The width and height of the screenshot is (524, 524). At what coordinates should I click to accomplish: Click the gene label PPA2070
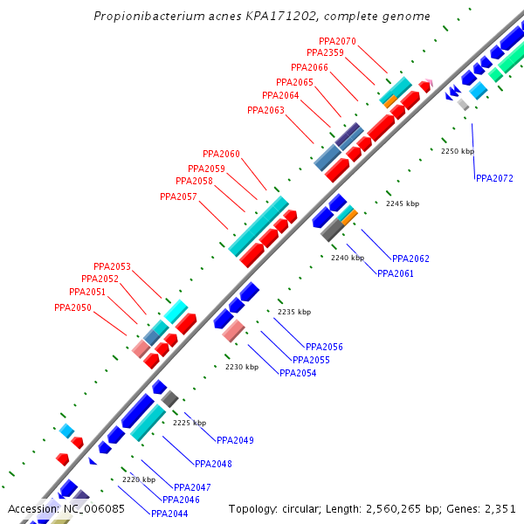click(x=337, y=41)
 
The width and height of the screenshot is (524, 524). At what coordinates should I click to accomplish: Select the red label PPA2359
click(x=325, y=53)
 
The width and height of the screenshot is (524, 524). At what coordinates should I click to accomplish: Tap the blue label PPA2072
click(x=494, y=178)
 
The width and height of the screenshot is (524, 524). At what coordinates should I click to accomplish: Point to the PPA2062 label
click(x=410, y=259)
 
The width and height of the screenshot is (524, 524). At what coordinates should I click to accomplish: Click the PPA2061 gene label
click(x=396, y=273)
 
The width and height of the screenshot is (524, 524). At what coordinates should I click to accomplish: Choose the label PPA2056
click(x=324, y=347)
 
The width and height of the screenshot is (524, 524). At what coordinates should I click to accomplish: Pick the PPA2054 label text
click(x=298, y=373)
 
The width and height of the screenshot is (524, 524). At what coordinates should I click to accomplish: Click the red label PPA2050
click(x=72, y=307)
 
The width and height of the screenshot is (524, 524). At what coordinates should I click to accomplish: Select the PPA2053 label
click(x=112, y=267)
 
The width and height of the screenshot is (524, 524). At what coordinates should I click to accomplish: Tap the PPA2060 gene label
click(x=221, y=155)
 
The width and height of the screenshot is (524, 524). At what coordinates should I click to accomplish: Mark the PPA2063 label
click(x=265, y=110)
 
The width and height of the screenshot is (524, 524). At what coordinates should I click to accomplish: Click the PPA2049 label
click(x=235, y=440)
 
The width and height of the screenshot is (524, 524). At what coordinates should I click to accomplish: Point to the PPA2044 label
click(x=169, y=514)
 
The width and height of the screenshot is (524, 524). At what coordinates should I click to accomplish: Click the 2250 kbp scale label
click(x=457, y=151)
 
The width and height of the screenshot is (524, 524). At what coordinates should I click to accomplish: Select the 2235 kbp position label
click(x=293, y=312)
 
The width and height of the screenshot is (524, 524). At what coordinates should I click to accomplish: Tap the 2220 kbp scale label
click(x=138, y=479)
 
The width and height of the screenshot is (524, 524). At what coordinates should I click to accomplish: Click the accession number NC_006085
click(x=93, y=508)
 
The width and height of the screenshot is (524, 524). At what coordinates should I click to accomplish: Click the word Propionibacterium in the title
click(x=149, y=17)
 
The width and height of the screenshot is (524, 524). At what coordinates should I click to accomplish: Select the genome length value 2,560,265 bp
click(x=409, y=508)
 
